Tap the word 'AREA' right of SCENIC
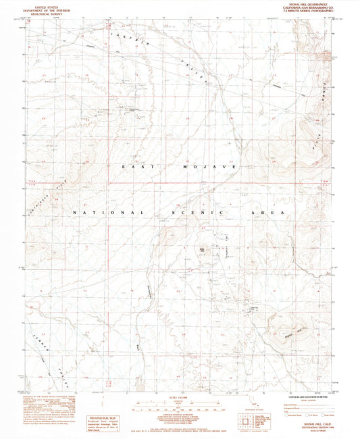[272, 213]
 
